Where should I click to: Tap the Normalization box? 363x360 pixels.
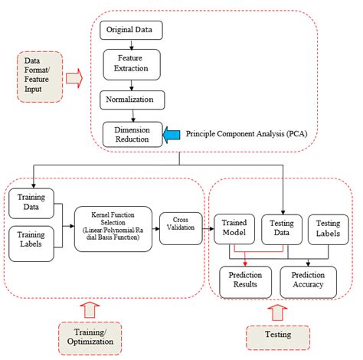(132, 100)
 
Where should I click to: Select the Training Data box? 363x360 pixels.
(29, 201)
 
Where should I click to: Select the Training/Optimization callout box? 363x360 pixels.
(92, 334)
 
